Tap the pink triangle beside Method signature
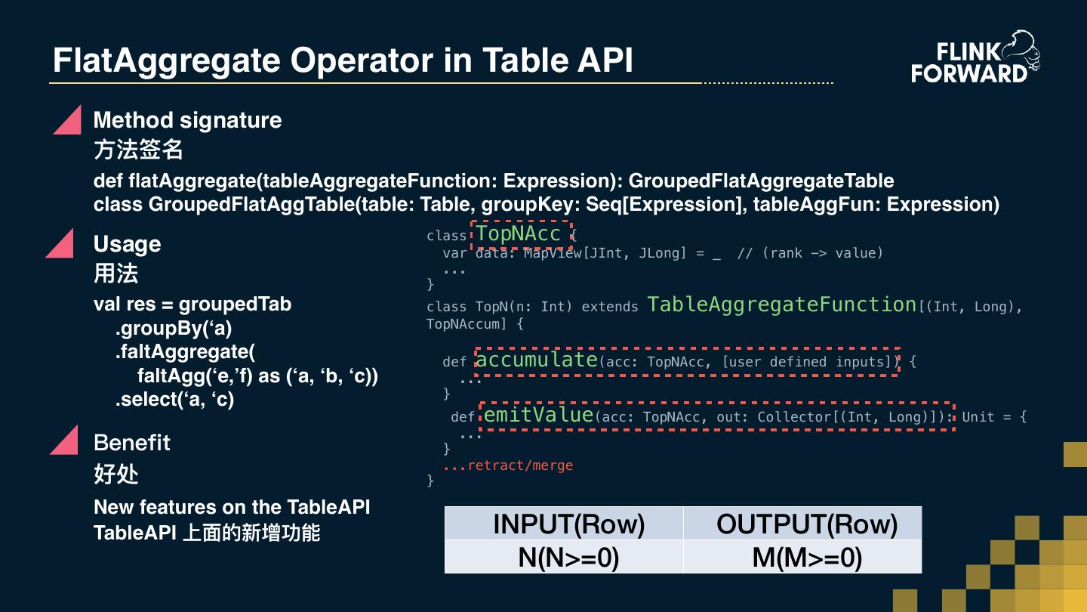(x=68, y=121)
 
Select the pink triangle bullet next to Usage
(x=61, y=244)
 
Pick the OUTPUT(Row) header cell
(x=806, y=524)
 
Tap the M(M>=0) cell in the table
(x=806, y=557)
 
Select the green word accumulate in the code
(x=537, y=360)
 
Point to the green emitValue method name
(x=538, y=415)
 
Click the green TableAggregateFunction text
(x=782, y=304)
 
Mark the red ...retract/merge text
(x=508, y=465)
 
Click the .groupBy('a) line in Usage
(x=174, y=328)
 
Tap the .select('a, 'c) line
(x=174, y=399)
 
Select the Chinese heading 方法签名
(x=138, y=150)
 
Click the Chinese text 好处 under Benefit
(x=116, y=474)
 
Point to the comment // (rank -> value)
(x=810, y=253)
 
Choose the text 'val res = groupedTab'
(x=192, y=304)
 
